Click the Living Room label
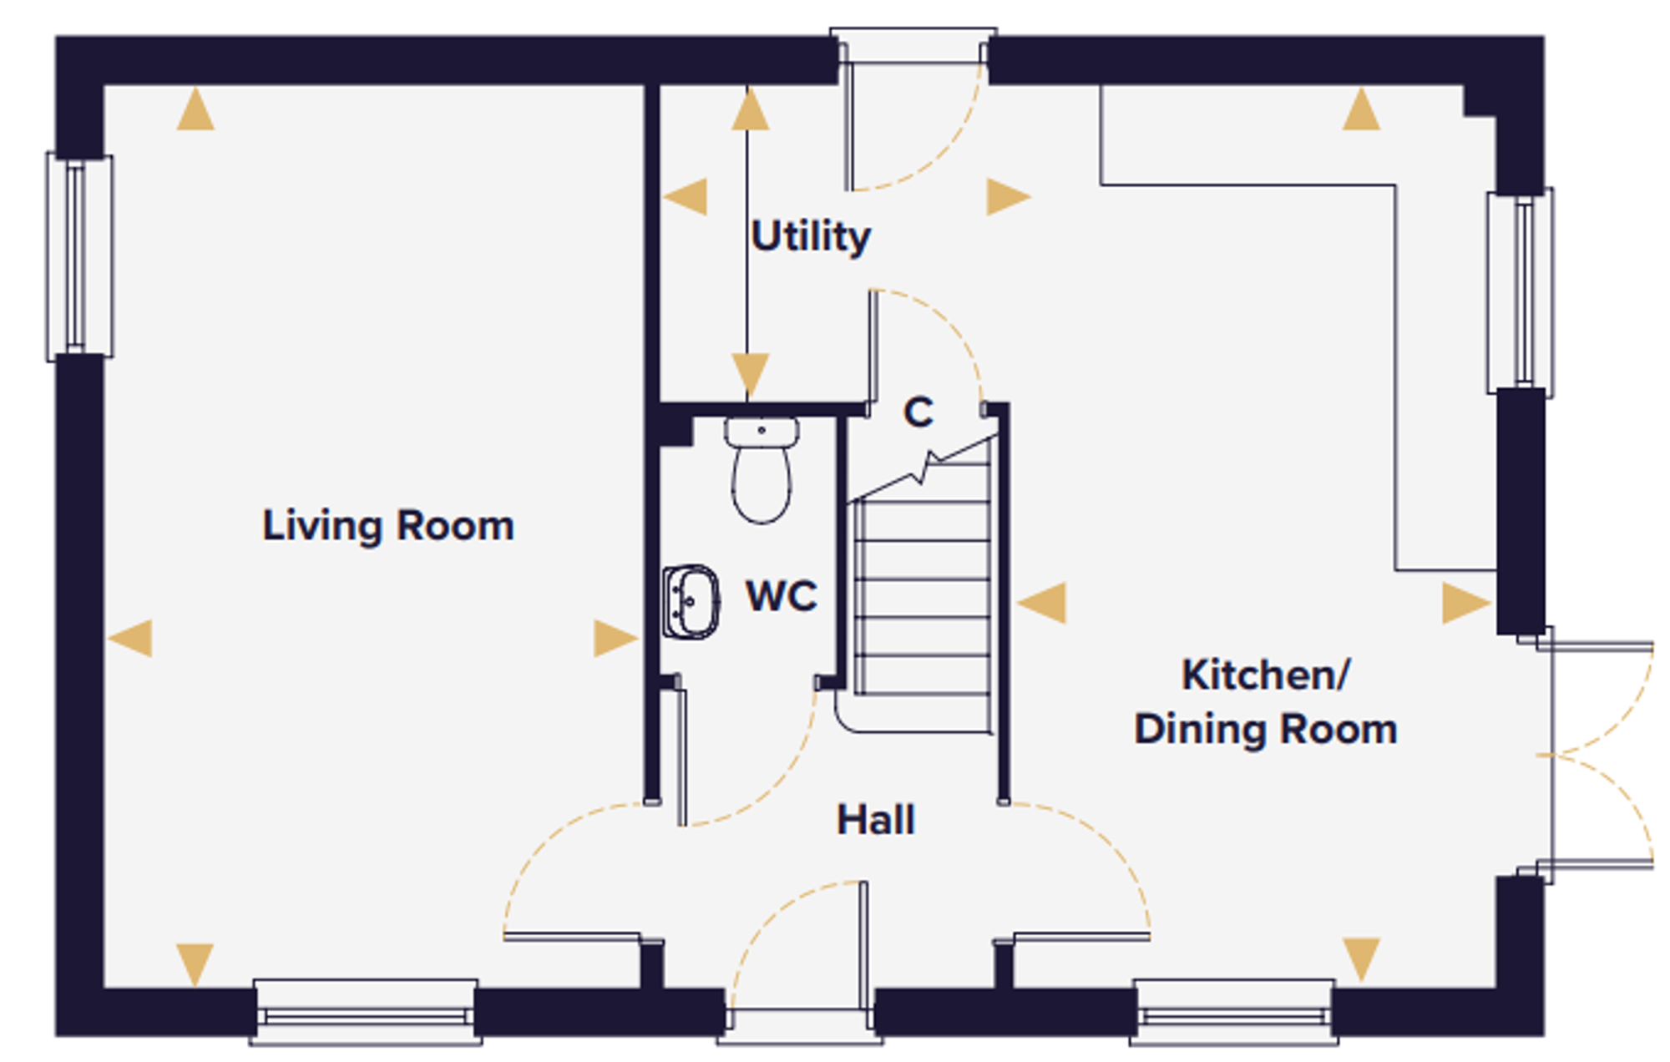click(x=388, y=527)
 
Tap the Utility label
click(x=811, y=236)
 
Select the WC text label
click(x=782, y=596)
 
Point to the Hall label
click(x=876, y=819)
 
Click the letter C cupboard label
click(x=918, y=412)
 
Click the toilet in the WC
click(x=762, y=470)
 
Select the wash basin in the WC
click(x=691, y=602)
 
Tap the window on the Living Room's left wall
click(x=79, y=256)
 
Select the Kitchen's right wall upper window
click(x=1521, y=291)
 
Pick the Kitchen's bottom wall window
click(x=1234, y=1013)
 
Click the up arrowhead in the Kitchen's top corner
click(x=1361, y=109)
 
